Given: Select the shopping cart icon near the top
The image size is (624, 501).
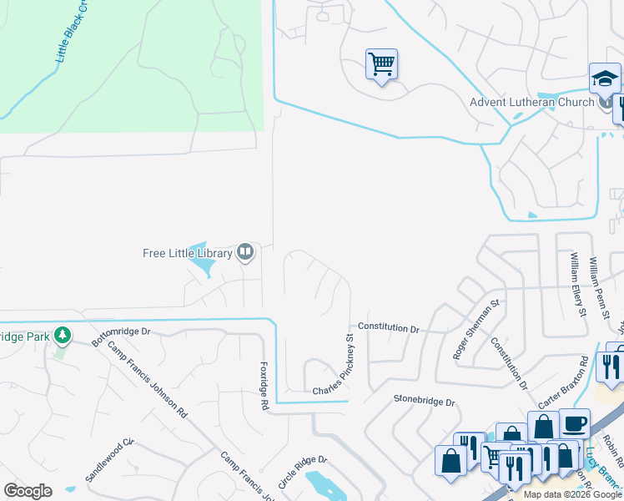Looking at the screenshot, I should pos(381,63).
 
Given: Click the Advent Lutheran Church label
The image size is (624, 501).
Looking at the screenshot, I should pos(531,103).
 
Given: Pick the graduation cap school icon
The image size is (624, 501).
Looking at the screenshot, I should pos(605,78).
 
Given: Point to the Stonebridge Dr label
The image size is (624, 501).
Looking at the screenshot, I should pos(425,402).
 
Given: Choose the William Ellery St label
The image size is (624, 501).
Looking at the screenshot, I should pos(577,284).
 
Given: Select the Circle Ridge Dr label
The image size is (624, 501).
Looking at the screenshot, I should pos(303,472).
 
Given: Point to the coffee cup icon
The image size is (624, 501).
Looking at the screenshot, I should pos(574,423).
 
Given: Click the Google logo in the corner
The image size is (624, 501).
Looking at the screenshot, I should pos(28,491).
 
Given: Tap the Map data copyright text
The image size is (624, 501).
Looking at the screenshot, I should pos(573,495).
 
